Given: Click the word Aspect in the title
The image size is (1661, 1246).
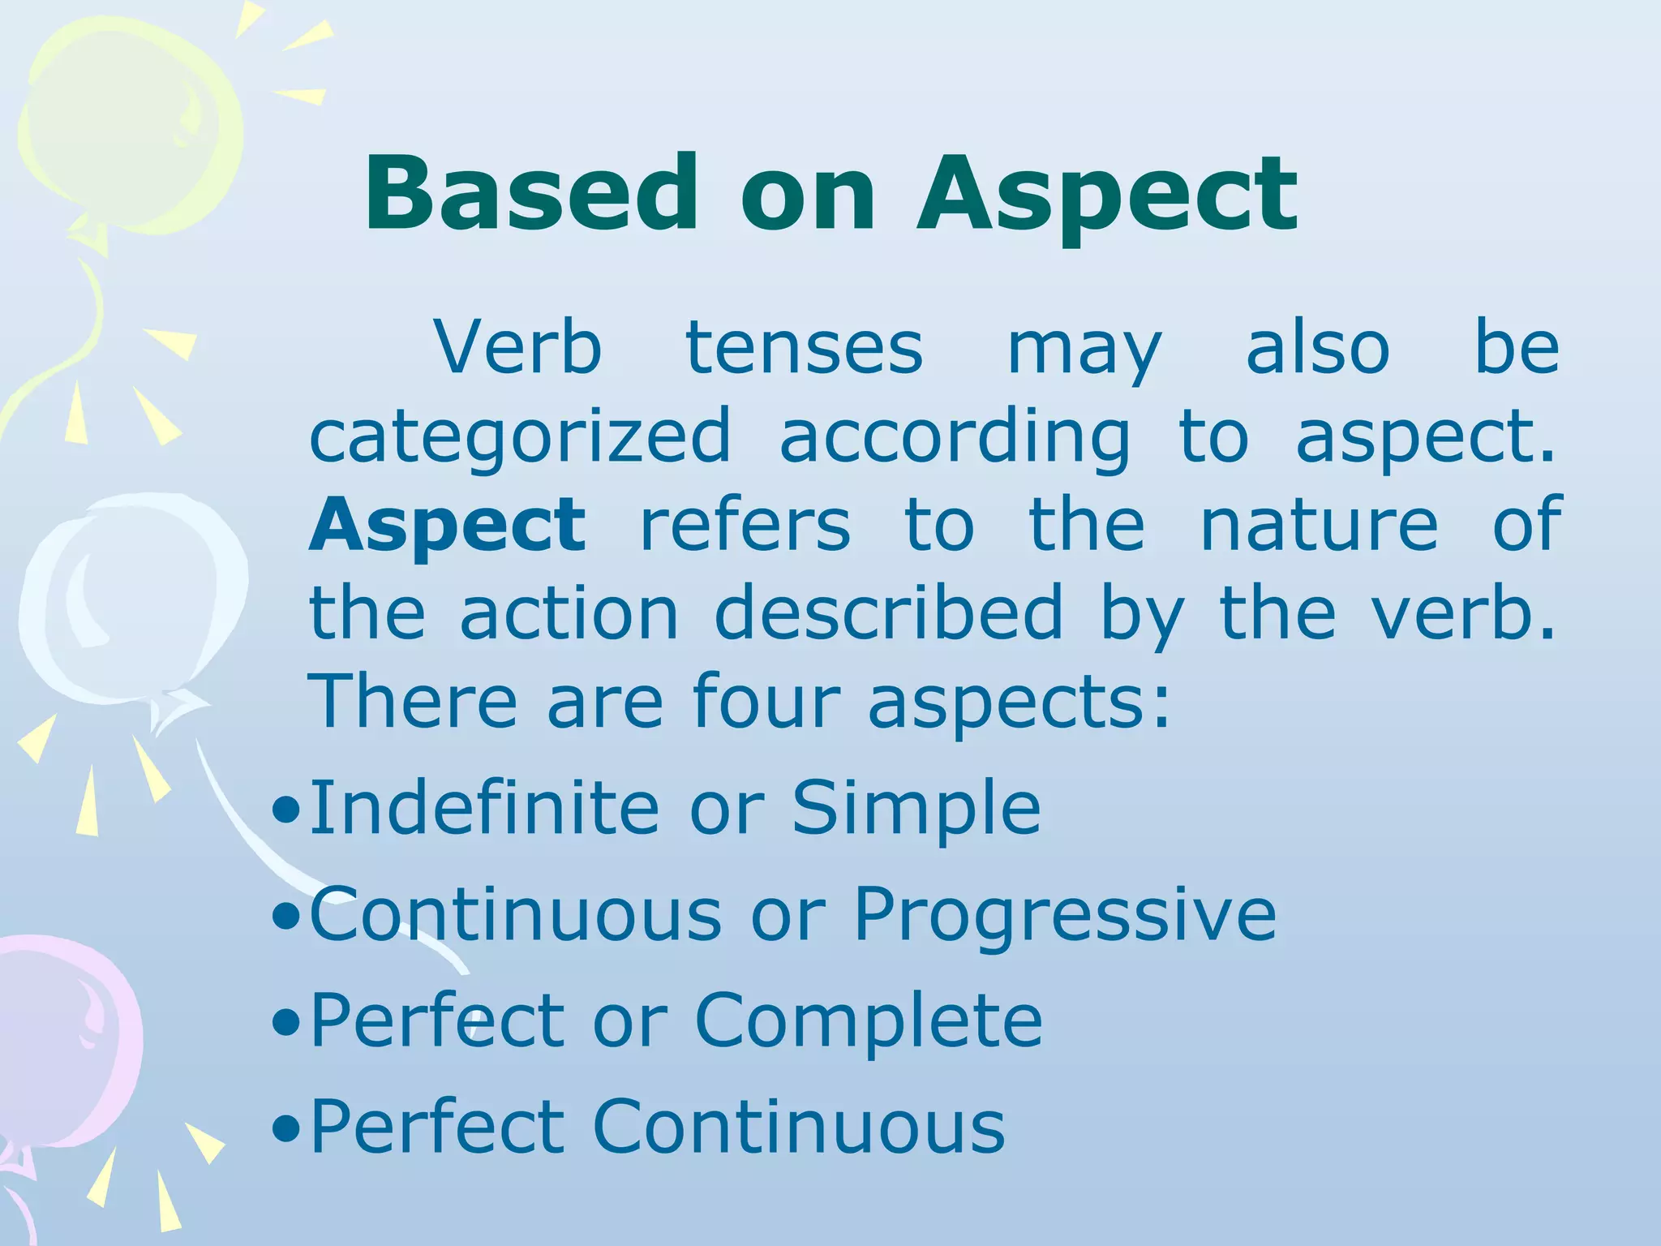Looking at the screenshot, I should [x=1107, y=199].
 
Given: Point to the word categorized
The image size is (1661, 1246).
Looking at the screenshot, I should [x=520, y=438].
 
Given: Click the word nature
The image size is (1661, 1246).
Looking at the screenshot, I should [x=1319, y=526].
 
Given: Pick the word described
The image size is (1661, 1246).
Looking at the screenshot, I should [x=888, y=613].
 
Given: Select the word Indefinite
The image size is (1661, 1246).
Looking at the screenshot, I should [x=484, y=807].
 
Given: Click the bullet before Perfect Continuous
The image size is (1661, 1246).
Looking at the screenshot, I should [x=285, y=1128].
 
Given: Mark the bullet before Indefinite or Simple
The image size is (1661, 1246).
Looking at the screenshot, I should [x=285, y=810].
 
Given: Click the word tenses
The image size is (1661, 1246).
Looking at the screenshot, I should [x=804, y=349].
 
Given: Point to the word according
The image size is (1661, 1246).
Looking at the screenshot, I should [x=954, y=438].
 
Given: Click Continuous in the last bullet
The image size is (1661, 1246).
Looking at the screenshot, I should [x=799, y=1127].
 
